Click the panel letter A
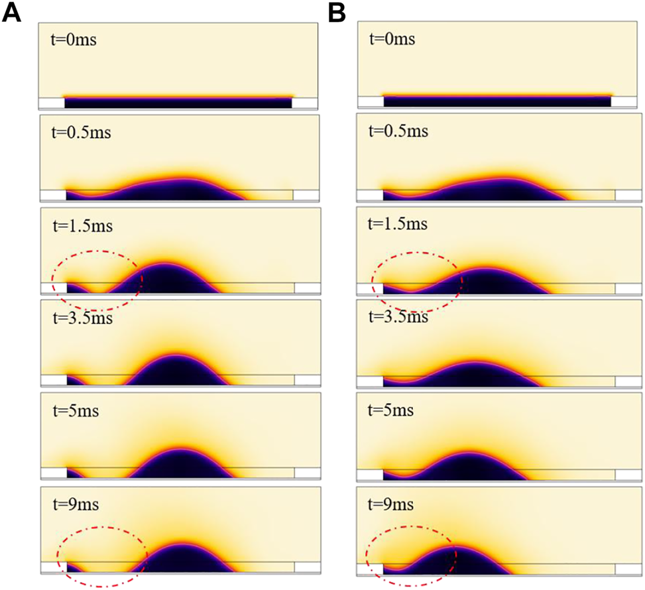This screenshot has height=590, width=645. click(12, 12)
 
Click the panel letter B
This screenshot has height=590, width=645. click(338, 12)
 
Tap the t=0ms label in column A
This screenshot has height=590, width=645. click(74, 39)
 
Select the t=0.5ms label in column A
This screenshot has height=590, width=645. click(81, 132)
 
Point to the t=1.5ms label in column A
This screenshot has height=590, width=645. click(81, 225)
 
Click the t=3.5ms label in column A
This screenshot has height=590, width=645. click(81, 318)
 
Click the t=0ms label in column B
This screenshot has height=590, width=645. click(392, 39)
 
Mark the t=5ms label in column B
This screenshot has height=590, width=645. click(392, 411)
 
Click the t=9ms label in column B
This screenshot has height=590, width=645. click(392, 504)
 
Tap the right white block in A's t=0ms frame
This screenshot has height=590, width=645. click(306, 103)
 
